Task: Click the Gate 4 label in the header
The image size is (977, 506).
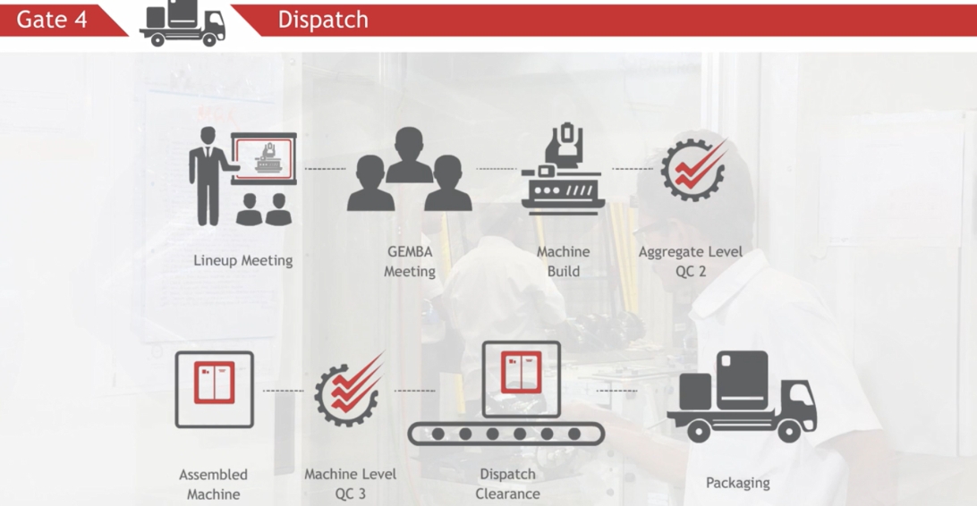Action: [x=52, y=19]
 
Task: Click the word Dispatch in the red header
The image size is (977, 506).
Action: [x=322, y=20]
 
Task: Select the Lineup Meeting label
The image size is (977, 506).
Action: [x=242, y=261]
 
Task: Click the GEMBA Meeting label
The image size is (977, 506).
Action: [x=410, y=261]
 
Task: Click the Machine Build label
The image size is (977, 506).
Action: [x=563, y=261]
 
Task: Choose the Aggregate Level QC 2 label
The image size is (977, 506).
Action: [x=690, y=261]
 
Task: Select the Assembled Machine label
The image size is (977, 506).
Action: [x=213, y=484]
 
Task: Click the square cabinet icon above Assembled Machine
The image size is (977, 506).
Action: [x=214, y=389]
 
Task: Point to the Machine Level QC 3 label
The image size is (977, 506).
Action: [x=350, y=484]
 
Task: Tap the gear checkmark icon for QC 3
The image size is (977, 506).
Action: [x=349, y=390]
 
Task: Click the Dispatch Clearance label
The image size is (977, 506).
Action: [x=507, y=484]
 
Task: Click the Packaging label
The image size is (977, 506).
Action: [x=737, y=483]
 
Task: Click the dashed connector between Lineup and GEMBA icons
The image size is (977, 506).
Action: [x=325, y=169]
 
